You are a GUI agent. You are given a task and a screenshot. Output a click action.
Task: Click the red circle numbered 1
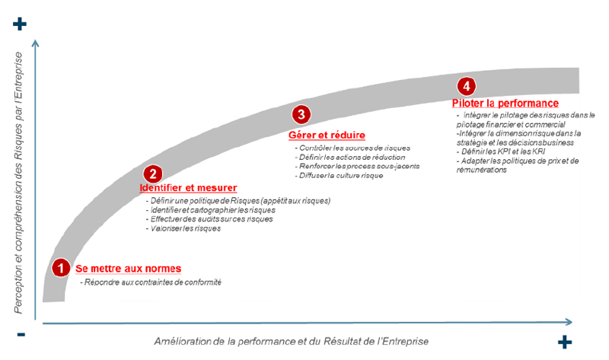(60, 268)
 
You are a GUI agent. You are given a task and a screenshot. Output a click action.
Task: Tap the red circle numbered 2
(153, 175)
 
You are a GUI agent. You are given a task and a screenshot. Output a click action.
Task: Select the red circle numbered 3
(301, 115)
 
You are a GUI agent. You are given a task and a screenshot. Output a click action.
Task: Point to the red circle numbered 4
(467, 85)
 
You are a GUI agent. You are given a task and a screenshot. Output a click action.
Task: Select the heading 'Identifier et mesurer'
(188, 187)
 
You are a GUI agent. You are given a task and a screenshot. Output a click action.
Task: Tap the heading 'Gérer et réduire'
(322, 135)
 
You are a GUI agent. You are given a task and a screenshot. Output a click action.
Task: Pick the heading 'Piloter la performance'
(505, 103)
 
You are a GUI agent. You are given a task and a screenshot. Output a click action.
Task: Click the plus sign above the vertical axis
(21, 24)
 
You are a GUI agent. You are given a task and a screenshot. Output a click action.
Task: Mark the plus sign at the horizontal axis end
(564, 342)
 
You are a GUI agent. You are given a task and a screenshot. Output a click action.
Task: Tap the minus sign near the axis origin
(21, 334)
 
